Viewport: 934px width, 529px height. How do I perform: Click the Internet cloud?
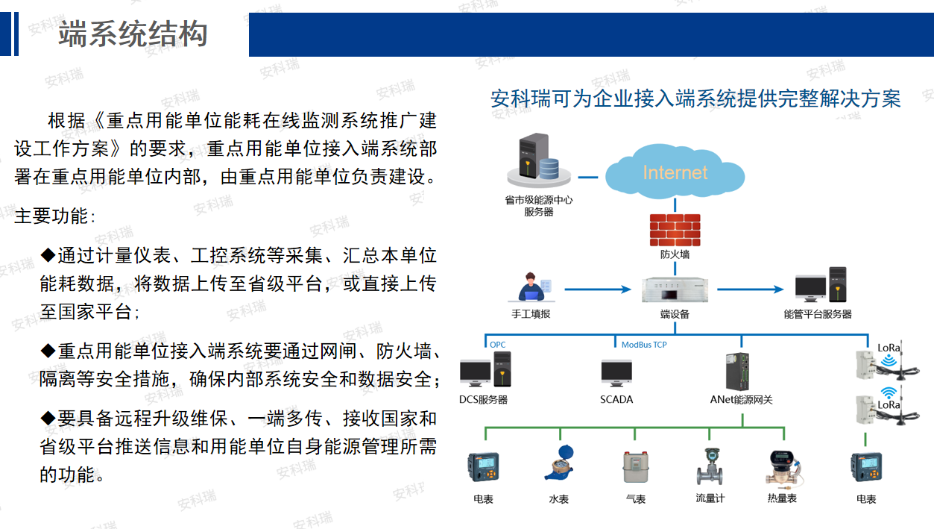tap(675, 172)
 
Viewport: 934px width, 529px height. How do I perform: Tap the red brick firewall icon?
tap(675, 229)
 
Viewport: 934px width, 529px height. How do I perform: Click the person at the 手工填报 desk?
tap(534, 289)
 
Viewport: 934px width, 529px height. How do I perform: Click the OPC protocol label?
tap(497, 345)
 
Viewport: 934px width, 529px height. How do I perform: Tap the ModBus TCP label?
tap(644, 345)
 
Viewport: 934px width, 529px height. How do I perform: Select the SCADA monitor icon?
tap(616, 372)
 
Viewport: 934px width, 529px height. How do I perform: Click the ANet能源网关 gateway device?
tap(739, 371)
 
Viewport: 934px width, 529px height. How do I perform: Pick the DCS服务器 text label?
tap(483, 400)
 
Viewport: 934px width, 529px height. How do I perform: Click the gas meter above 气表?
tap(634, 468)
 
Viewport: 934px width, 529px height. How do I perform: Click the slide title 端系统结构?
tap(133, 35)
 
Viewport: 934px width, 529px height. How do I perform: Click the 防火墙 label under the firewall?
tap(675, 254)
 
